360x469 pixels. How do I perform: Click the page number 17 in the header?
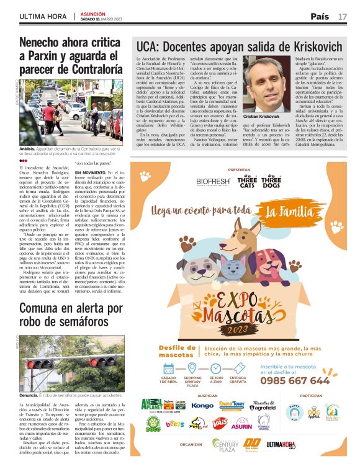tap(343, 16)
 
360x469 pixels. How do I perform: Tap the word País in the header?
tap(320, 16)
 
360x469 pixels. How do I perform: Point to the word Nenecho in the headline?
tap(43, 43)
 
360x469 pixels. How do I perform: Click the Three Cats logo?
tap(247, 181)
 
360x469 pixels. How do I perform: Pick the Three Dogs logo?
tap(271, 181)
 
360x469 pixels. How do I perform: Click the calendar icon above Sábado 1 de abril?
tap(168, 367)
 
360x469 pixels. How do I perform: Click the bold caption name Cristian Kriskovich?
tap(264, 116)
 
